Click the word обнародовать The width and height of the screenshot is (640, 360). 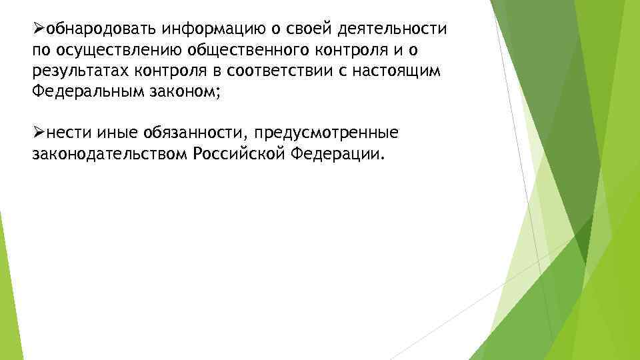tap(97, 30)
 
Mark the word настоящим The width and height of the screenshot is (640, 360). tap(405, 71)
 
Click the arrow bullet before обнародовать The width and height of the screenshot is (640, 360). tap(38, 30)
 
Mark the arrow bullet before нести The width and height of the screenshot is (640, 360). tap(38, 133)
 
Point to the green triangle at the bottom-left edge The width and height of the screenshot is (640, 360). tap(5, 293)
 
